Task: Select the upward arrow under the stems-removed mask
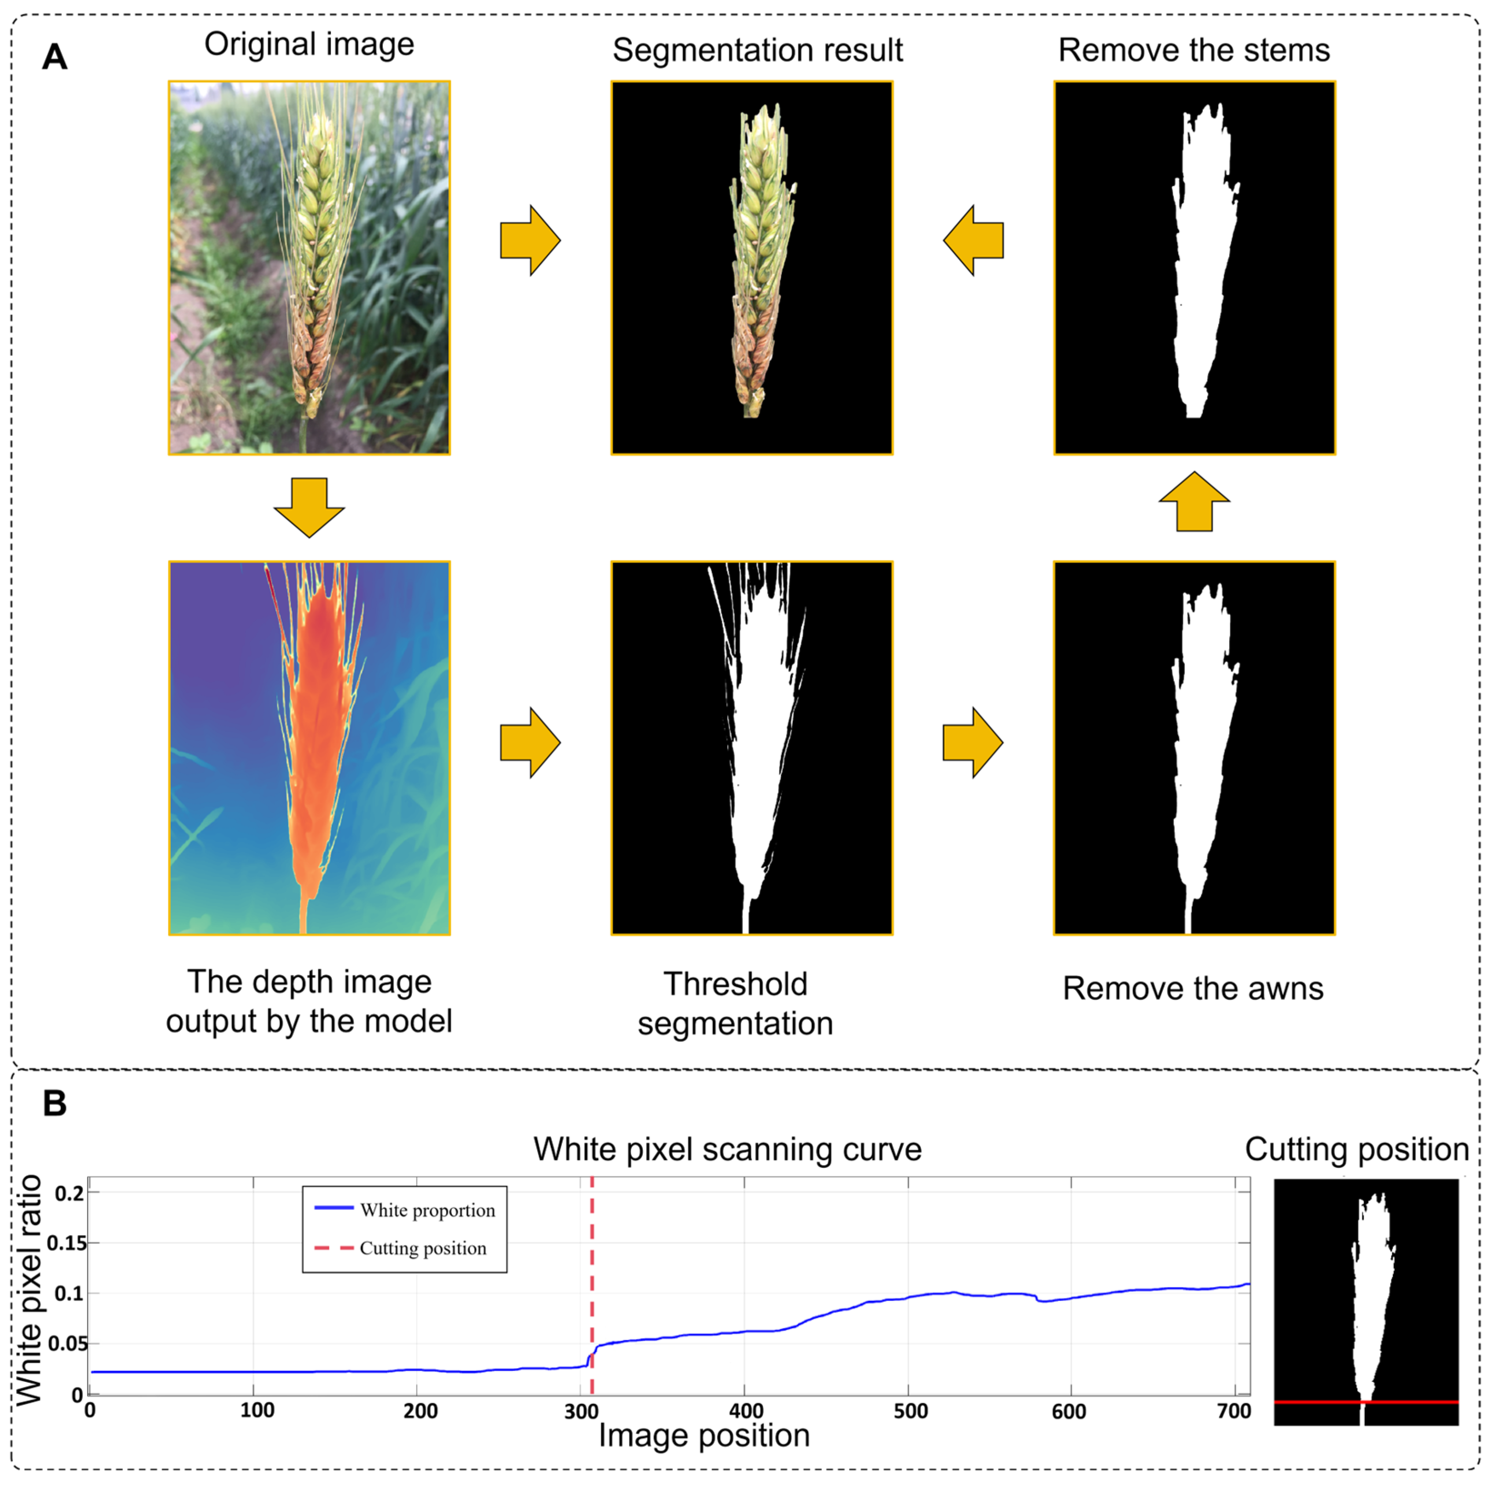click(1194, 502)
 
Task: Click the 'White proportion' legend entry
click(427, 1210)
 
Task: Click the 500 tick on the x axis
click(910, 1411)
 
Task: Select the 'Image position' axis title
click(704, 1436)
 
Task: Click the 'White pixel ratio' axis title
click(30, 1290)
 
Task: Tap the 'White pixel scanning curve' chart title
click(727, 1149)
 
